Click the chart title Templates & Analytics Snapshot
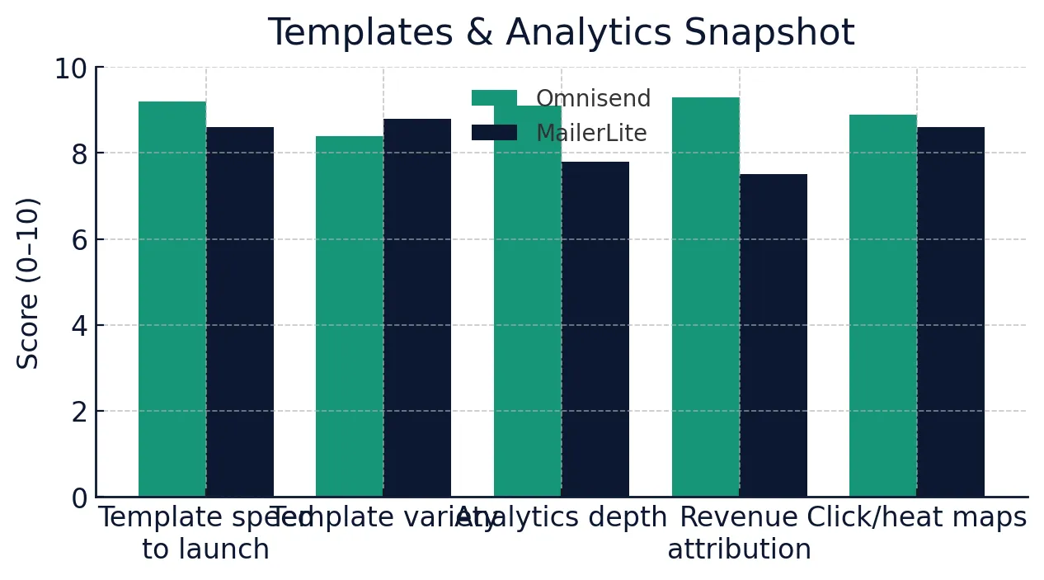[x=561, y=34]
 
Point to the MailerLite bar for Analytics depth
[x=595, y=329]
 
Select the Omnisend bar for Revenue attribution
[x=706, y=297]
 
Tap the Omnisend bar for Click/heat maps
[x=883, y=305]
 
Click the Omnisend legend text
[x=593, y=99]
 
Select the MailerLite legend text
[x=591, y=134]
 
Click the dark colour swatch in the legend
[x=494, y=133]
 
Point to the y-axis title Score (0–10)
[x=29, y=283]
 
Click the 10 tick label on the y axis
[x=71, y=68]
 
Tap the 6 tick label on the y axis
[x=79, y=240]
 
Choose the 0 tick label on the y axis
[x=79, y=498]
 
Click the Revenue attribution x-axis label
[x=739, y=533]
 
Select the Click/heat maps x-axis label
[x=917, y=517]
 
